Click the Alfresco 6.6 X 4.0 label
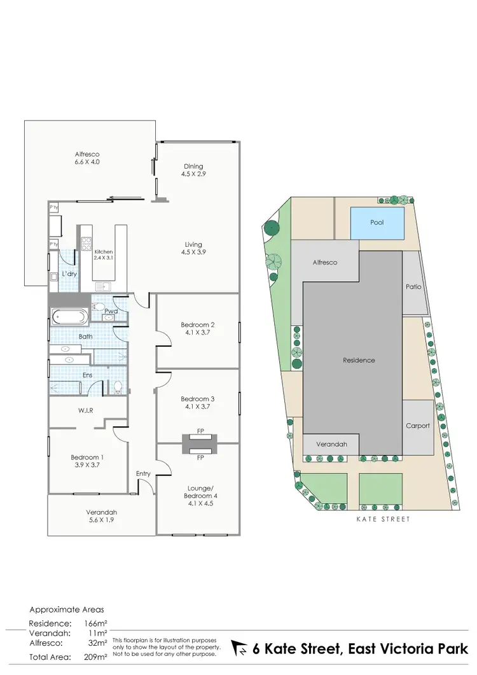point(87,158)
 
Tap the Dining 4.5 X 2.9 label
point(193,169)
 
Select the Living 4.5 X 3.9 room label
point(193,248)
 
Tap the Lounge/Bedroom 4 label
point(200,482)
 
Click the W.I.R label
point(86,410)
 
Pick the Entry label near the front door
point(143,473)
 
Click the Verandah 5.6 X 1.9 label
point(102,516)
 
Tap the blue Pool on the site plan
point(377,223)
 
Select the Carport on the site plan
point(418,426)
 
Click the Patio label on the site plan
point(413,287)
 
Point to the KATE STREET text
point(383,519)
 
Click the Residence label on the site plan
point(359,360)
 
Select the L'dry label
point(69,274)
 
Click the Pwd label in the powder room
point(111,311)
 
